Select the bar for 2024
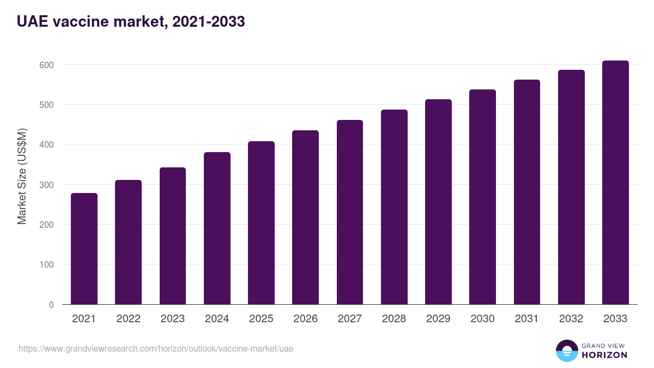[217, 228]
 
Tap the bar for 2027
[350, 212]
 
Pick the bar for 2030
[482, 197]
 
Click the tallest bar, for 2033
[615, 183]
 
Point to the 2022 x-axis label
[128, 319]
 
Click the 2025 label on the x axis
[261, 319]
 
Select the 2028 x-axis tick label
[394, 319]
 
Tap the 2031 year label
[527, 319]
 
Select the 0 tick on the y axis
[51, 305]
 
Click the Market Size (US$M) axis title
[22, 177]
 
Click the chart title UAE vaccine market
[131, 22]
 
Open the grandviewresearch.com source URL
[156, 348]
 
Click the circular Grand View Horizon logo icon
[567, 351]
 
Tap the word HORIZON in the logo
[604, 355]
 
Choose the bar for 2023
[173, 236]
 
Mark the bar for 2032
[571, 187]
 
